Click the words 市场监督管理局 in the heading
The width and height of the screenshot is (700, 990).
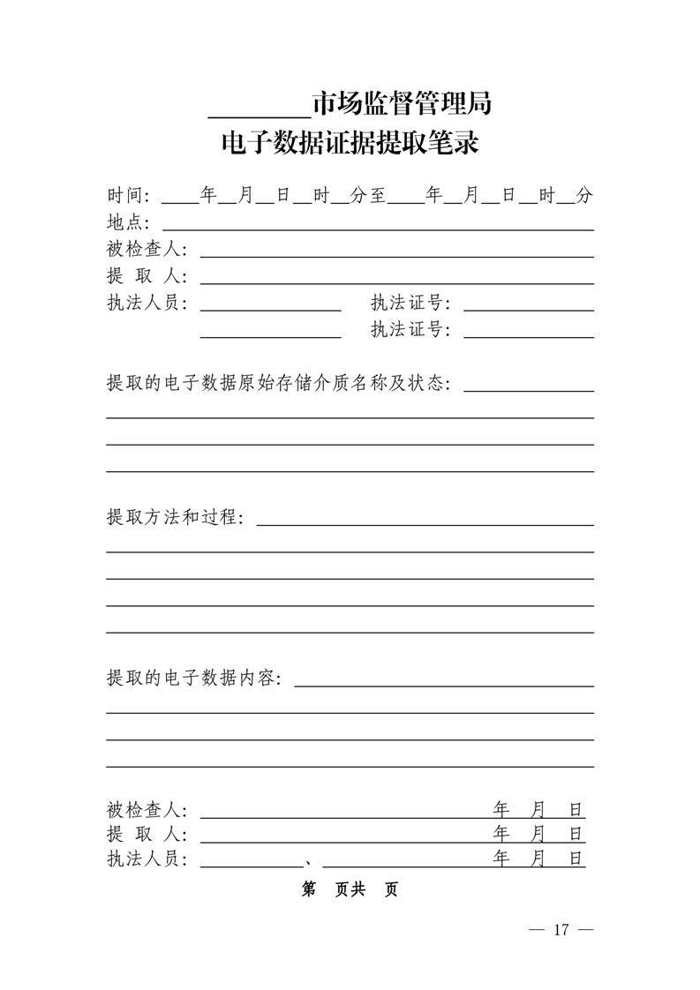[402, 105]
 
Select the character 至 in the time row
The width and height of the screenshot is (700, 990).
[377, 196]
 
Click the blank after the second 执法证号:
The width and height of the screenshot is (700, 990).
[528, 334]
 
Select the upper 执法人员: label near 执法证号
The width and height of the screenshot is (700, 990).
[147, 304]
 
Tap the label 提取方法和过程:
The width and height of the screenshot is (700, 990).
[175, 517]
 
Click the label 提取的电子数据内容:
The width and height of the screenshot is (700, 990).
[194, 679]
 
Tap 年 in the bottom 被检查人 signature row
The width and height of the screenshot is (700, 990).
[501, 809]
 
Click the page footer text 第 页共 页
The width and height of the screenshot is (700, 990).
[350, 889]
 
